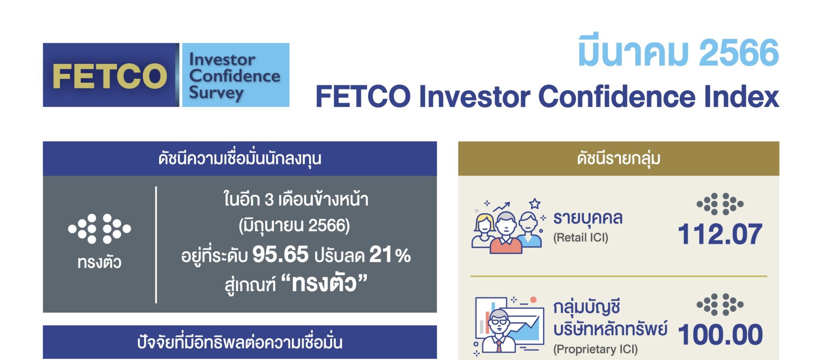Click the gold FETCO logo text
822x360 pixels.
[110, 76]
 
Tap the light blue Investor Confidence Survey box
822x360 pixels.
[236, 75]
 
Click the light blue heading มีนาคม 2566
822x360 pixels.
[678, 52]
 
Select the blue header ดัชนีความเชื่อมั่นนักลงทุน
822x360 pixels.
[240, 158]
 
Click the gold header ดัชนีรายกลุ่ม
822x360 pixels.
[619, 158]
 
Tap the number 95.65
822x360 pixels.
[280, 254]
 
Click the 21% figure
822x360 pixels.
[390, 254]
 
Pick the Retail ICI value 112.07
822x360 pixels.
[720, 234]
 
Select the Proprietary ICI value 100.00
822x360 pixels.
[720, 334]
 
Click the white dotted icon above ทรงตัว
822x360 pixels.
[99, 229]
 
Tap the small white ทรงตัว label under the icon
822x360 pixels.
[99, 262]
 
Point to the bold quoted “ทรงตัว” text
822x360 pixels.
[324, 283]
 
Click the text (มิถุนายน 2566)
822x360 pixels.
[294, 226]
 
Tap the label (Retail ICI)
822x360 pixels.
[581, 238]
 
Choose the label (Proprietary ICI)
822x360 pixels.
[596, 349]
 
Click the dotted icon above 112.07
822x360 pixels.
[720, 204]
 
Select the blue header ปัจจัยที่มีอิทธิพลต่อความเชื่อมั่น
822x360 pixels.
[240, 342]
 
